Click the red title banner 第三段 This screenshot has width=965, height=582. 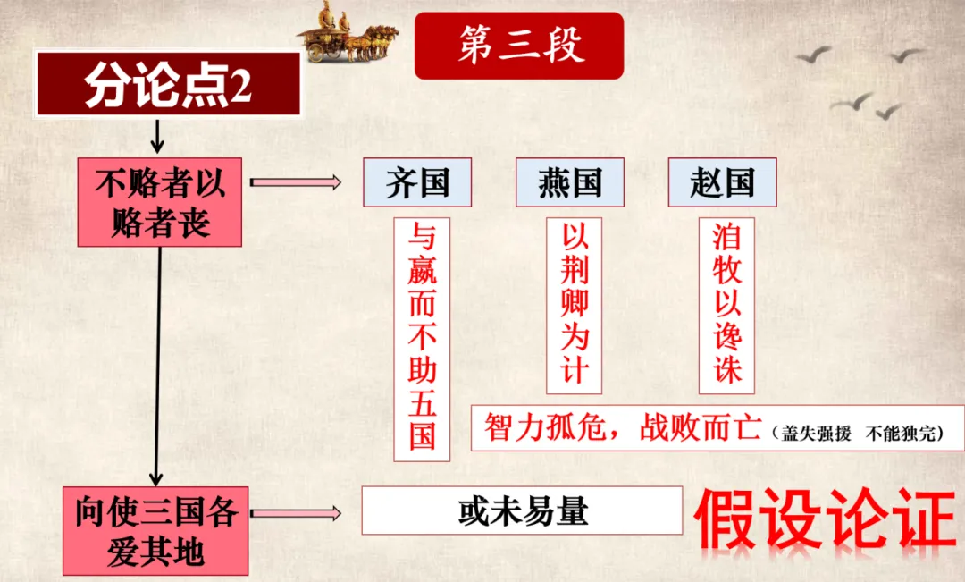[518, 46]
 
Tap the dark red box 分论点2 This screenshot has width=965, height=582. [168, 85]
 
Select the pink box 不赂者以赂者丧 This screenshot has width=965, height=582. [160, 203]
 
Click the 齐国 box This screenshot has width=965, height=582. [417, 182]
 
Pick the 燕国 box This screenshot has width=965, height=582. [570, 182]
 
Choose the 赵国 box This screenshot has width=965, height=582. [722, 182]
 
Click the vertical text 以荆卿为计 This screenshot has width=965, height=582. [574, 305]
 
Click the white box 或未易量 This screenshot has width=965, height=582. [523, 511]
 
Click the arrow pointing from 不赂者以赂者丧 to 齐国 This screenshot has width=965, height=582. [295, 182]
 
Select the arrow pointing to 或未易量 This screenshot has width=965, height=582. [295, 513]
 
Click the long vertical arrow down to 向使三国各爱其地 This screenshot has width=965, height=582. [159, 367]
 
